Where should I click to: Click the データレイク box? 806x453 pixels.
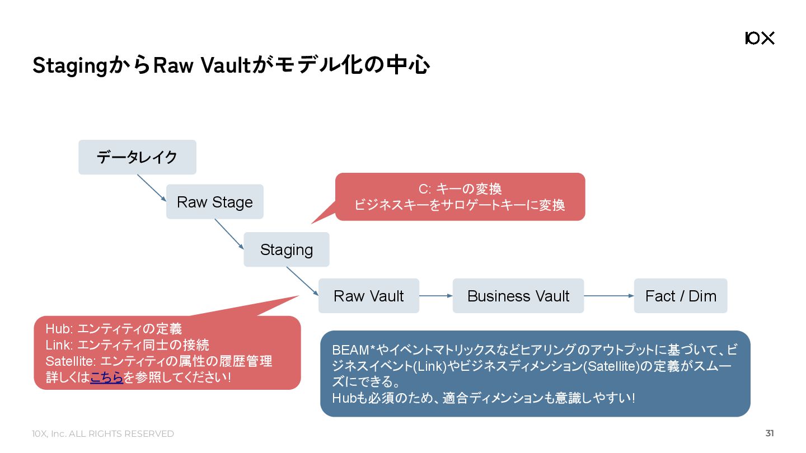137,157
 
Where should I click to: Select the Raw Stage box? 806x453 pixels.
214,202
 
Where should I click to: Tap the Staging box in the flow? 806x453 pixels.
286,249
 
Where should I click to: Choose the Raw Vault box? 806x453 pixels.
368,296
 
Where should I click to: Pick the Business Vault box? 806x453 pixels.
518,296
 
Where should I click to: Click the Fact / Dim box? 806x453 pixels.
680,296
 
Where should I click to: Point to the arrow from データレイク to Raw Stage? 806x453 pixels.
152,188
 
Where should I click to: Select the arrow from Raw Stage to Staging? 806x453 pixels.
229,234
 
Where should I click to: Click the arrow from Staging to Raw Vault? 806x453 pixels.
302,281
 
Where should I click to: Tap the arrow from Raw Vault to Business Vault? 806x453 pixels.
435,296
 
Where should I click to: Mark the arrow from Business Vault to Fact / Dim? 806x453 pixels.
608,296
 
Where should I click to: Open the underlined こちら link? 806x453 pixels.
106,377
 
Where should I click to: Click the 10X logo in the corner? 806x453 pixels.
760,38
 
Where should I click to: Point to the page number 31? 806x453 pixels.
770,433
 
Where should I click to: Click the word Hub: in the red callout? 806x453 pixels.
59,329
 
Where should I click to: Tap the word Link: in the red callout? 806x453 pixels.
59,345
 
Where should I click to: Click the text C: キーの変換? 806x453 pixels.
460,189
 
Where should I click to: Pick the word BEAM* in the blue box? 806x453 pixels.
353,350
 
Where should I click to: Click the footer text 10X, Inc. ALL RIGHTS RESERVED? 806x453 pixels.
103,434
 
